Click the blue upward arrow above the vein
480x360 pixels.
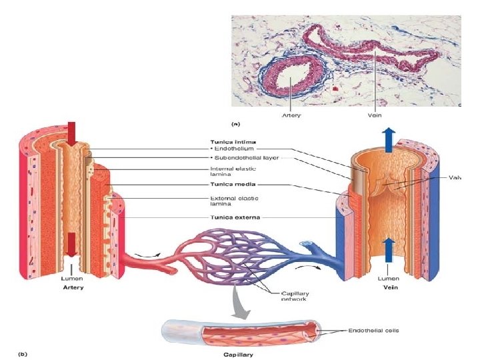coord(389,141)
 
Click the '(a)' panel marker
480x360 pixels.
coord(236,123)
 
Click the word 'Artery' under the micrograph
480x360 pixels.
coord(291,115)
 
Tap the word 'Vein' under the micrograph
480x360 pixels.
coord(375,115)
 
